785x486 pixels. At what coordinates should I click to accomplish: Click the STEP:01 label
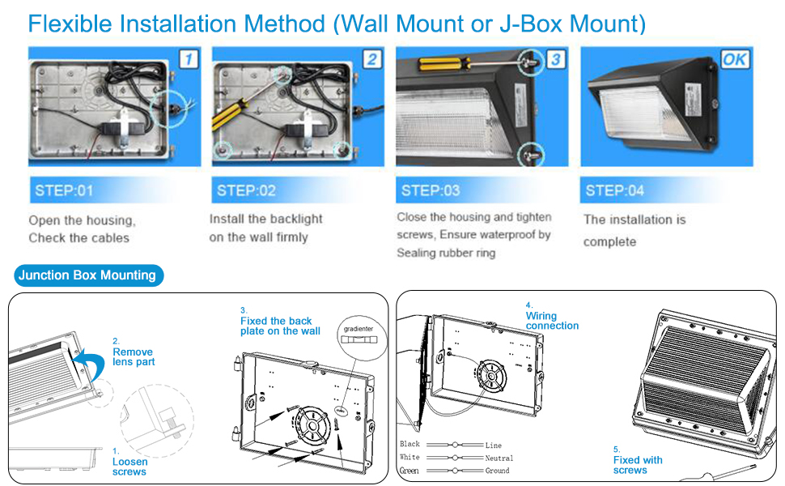tap(64, 192)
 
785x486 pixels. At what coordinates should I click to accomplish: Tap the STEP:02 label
tap(246, 191)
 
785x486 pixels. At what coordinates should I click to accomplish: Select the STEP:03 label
tap(431, 190)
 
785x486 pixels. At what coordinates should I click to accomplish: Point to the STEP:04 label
tap(614, 190)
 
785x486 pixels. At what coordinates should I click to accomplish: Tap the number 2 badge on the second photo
tap(371, 59)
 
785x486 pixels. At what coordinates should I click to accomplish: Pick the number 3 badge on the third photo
tap(554, 59)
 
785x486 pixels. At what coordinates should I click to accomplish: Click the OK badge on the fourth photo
tap(736, 59)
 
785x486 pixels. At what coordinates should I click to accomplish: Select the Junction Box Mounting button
tap(87, 275)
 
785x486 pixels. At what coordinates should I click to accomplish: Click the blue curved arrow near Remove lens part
tap(88, 364)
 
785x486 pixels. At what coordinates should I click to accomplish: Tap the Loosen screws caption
tap(129, 467)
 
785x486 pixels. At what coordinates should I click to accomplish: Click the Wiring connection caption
tap(552, 321)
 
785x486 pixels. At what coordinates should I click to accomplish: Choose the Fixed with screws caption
tap(637, 465)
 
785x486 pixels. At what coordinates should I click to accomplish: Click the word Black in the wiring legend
tap(410, 445)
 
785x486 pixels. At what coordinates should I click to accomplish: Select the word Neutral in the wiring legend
tap(499, 458)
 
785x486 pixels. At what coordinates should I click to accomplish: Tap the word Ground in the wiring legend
tap(498, 471)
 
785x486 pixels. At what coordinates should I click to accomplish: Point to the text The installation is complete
tap(634, 230)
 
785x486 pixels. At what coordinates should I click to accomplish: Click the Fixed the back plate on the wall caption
tap(280, 326)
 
